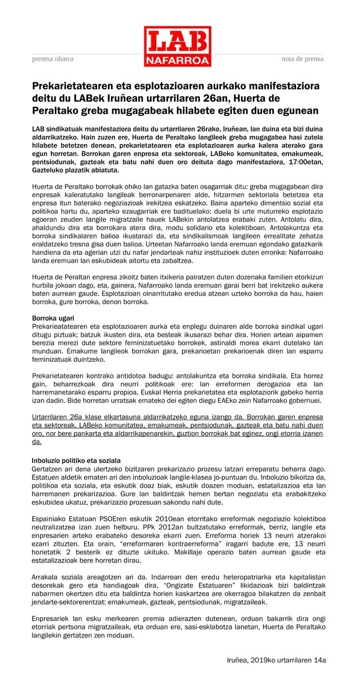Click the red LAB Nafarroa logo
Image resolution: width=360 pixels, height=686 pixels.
(177, 46)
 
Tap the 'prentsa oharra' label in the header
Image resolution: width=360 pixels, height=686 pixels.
(53, 59)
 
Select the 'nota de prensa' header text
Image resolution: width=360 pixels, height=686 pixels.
(302, 59)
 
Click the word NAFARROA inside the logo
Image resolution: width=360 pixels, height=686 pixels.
(177, 59)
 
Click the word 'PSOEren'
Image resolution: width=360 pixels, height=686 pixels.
(105, 516)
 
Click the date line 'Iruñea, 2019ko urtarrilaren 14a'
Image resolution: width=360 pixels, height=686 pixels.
(276, 660)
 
